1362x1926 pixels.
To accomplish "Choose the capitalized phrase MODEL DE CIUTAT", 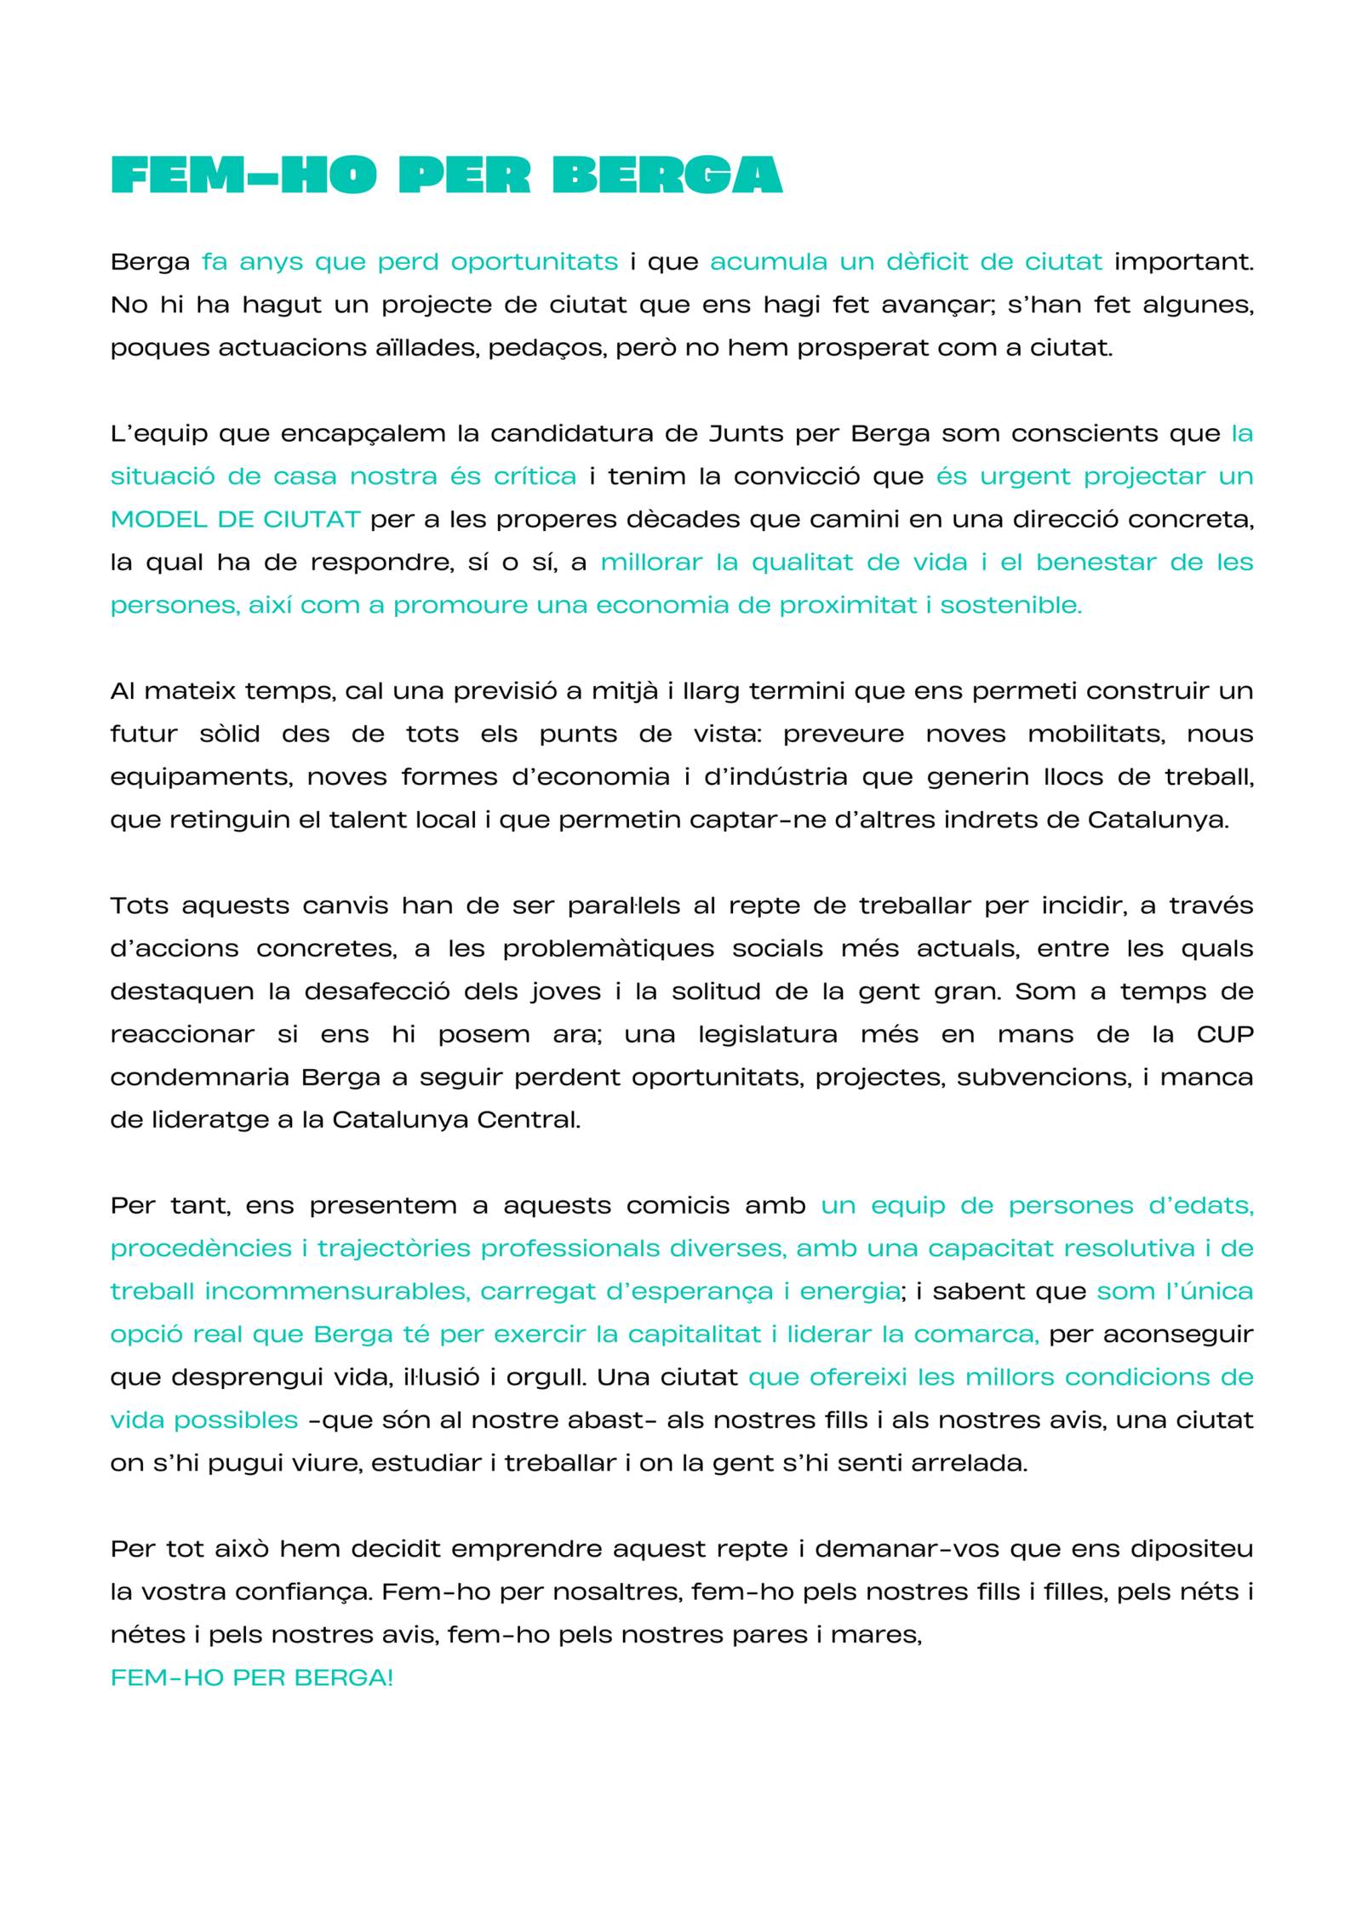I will [x=236, y=519].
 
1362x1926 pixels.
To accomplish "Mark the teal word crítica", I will [x=535, y=476].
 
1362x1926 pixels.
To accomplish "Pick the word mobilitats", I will [x=1096, y=734].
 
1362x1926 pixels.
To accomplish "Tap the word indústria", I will [x=775, y=776].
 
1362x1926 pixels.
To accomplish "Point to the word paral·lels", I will [x=624, y=906].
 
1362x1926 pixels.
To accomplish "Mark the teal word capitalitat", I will [x=694, y=1334].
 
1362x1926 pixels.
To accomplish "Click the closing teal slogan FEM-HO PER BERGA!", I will [x=252, y=1677].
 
